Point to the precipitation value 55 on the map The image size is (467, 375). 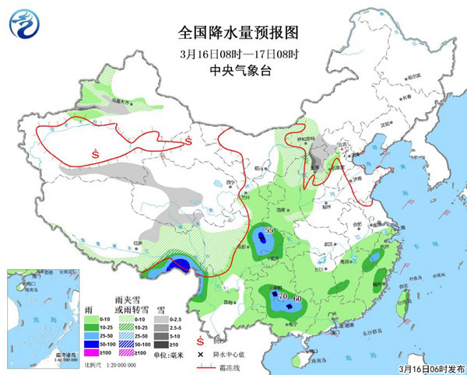point(269,231)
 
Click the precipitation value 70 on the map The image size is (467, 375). point(284,296)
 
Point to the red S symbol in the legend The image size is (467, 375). point(200,341)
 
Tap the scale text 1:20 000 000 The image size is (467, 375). point(107,363)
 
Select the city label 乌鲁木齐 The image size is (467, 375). point(119,101)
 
